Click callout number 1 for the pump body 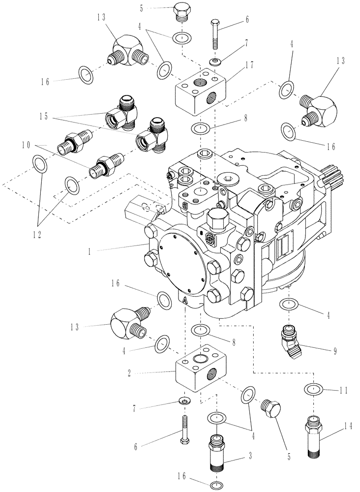click(90, 250)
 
